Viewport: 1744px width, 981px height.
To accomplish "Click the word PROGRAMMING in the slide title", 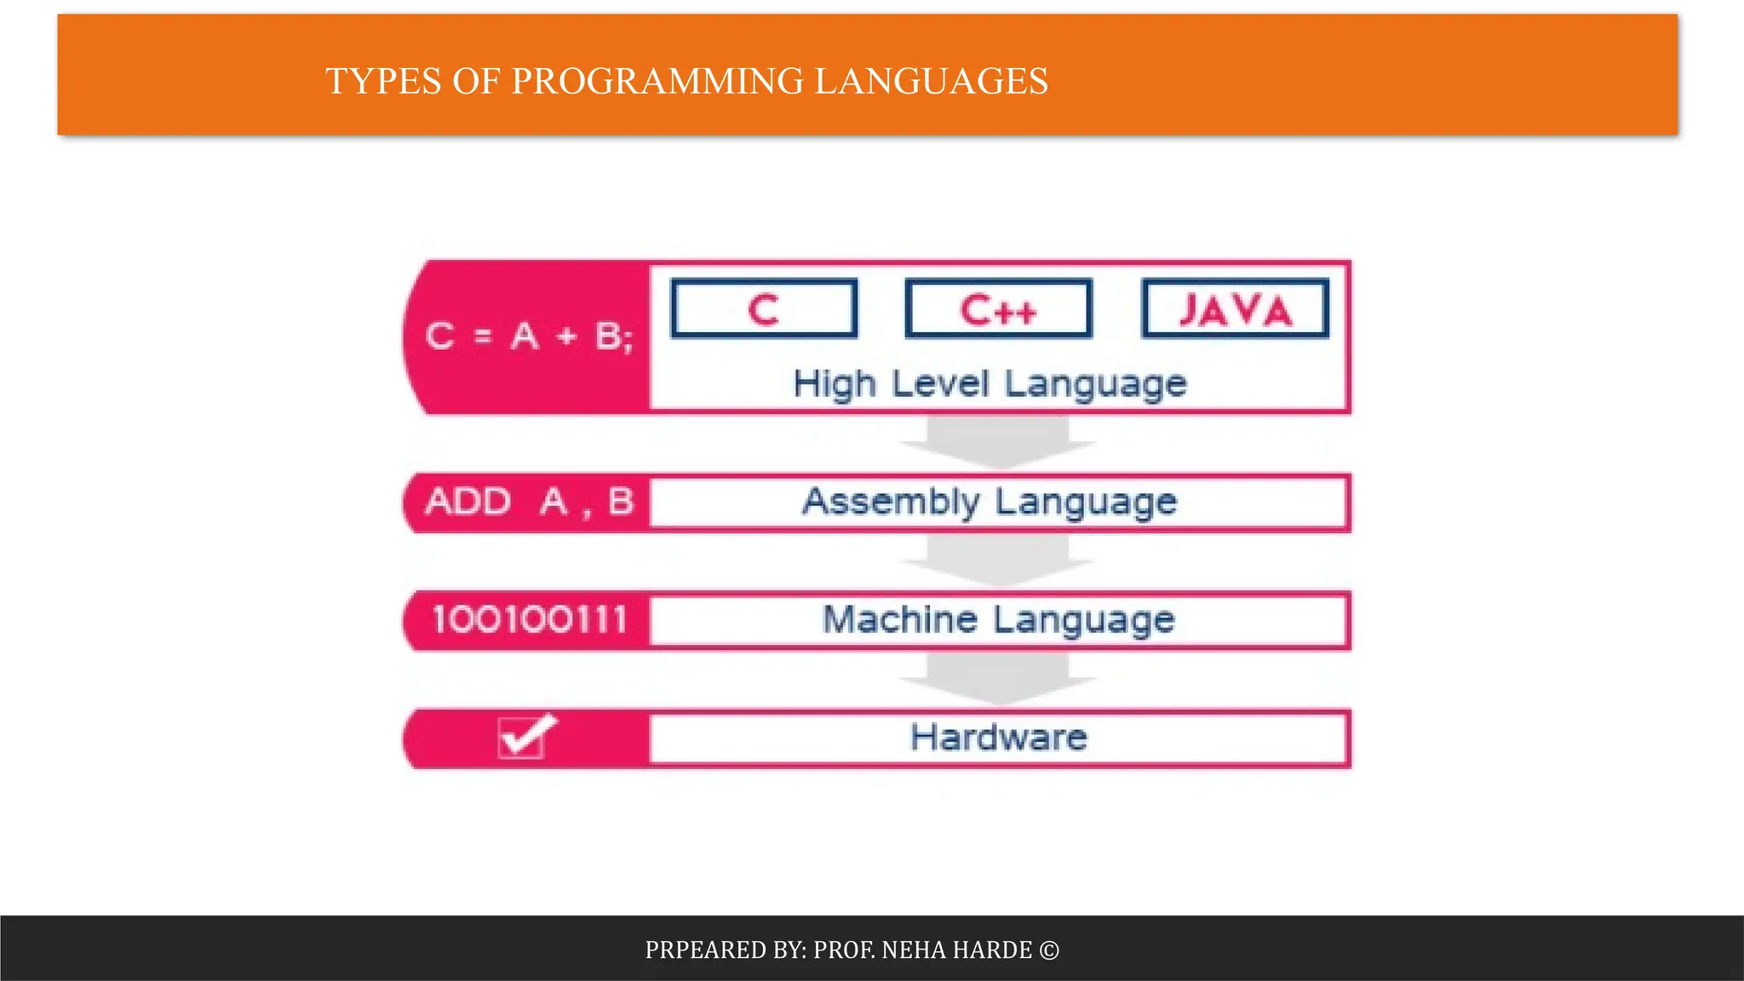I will (x=657, y=82).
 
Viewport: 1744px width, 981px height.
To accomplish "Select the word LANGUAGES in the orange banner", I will (x=931, y=82).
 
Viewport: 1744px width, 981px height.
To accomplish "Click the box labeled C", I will (x=764, y=309).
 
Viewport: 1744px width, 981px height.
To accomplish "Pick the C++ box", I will (x=998, y=309).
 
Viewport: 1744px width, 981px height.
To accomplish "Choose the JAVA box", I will (x=1235, y=309).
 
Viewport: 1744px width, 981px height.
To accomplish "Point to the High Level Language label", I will (x=990, y=384).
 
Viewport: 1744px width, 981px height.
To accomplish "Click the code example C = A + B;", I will (x=529, y=336).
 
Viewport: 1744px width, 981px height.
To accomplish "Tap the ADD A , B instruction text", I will (x=529, y=502).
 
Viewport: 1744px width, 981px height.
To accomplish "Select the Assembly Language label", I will (x=990, y=502).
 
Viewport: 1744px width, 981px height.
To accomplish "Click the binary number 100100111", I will (x=529, y=619).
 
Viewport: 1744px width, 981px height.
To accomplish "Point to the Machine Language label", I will (x=998, y=619).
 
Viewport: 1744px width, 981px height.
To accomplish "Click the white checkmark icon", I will (x=525, y=735).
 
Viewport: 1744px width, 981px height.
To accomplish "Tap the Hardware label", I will (x=998, y=737).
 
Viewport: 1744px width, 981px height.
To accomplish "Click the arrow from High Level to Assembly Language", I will (x=998, y=443).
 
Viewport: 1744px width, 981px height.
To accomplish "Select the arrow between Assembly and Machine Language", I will (x=998, y=561).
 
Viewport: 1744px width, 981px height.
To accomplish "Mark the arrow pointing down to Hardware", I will (x=998, y=680).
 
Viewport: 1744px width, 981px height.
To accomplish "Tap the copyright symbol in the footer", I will (x=1049, y=949).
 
